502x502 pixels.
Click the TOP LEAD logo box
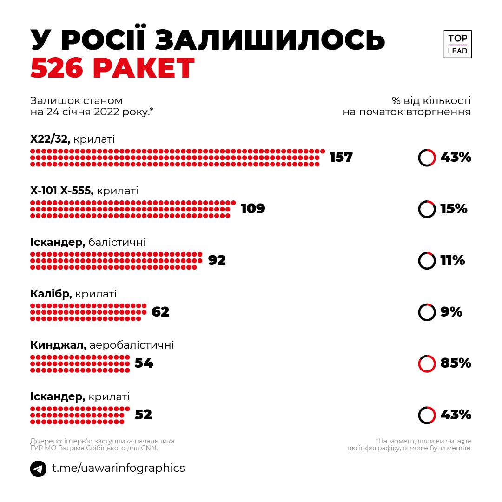pos(457,44)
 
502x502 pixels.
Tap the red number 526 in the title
pos(57,69)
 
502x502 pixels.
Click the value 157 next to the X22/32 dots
pos(341,157)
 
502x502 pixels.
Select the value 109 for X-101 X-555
pos(253,209)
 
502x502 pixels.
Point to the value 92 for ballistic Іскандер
pos(217,260)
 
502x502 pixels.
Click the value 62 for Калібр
pos(160,312)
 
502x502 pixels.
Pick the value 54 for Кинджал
pos(144,363)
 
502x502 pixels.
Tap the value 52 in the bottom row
pos(143,415)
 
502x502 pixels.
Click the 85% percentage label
pos(456,363)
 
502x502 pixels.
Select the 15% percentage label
pos(454,209)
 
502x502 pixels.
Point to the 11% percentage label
pos(452,260)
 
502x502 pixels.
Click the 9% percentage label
pos(451,312)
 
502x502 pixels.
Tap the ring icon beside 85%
pos(427,363)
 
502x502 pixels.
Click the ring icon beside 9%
pos(427,312)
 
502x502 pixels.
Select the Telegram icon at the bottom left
pos(38,468)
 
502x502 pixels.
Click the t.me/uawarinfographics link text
pos(118,468)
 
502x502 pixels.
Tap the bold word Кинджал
pos(58,345)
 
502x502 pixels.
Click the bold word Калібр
pos(51,294)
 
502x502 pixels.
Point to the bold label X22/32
pos(50,139)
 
